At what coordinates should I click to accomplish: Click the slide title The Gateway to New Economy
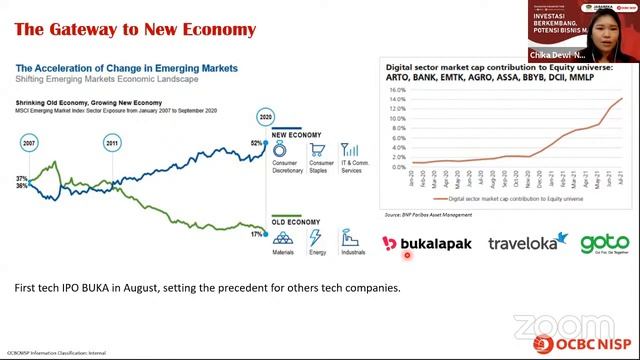135,29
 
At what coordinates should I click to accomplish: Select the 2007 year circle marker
28,144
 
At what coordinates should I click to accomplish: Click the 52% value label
256,144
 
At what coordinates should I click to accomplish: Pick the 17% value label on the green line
256,234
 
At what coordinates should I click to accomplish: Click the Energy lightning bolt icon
315,239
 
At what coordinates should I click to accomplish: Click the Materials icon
283,239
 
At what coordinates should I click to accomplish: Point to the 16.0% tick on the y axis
395,90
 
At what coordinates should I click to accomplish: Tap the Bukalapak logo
427,243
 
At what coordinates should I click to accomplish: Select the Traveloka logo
522,243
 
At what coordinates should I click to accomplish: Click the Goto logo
604,243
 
